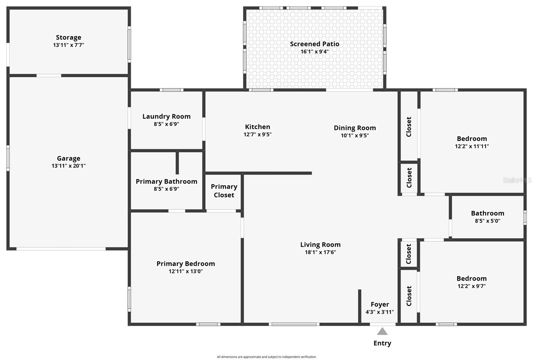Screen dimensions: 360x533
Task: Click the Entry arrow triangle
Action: coord(382,331)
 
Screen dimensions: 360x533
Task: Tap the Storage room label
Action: coord(68,37)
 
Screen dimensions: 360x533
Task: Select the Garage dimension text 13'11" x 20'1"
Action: coord(68,166)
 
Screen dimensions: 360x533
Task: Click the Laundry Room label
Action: coord(166,116)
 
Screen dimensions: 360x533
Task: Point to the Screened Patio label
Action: coord(314,44)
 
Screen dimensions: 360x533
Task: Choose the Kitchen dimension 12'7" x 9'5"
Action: coord(258,135)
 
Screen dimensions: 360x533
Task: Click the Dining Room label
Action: coord(355,128)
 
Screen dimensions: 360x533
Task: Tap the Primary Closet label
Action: coord(224,191)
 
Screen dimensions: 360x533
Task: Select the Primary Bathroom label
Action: coord(166,181)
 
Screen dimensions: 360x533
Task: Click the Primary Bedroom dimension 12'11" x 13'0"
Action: coord(186,271)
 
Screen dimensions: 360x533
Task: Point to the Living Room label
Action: coord(320,245)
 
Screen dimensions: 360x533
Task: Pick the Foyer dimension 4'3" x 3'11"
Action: coord(379,312)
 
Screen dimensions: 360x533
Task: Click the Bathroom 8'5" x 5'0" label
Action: coord(487,213)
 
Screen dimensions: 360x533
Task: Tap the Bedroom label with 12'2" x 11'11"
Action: coord(472,139)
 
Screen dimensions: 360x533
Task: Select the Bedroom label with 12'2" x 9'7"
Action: coord(471,278)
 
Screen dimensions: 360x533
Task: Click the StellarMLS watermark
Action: coord(517,180)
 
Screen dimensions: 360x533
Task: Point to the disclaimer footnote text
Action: coord(266,357)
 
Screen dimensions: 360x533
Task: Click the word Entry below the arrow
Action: coord(382,343)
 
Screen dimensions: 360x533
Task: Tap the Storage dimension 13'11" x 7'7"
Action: coord(68,45)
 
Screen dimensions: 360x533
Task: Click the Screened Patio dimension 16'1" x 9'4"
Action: coord(314,52)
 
